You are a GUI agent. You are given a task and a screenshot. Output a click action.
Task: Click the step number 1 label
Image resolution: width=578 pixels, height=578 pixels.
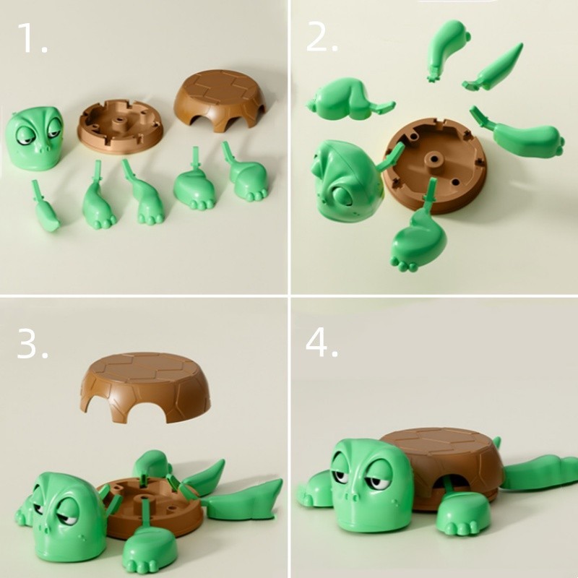(33, 38)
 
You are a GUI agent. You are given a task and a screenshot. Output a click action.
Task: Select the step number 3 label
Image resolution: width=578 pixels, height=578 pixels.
(33, 344)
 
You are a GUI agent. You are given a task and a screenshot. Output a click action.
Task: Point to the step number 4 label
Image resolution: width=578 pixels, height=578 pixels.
(322, 342)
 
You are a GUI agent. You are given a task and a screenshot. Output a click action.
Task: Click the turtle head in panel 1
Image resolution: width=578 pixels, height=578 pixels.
(35, 137)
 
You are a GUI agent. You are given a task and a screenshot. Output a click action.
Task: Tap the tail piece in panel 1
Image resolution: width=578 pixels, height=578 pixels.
(45, 207)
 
